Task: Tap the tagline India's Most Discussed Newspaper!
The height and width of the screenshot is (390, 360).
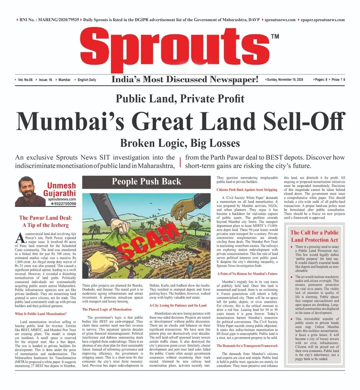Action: (x=185, y=80)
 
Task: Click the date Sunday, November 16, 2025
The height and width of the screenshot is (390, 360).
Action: (x=285, y=80)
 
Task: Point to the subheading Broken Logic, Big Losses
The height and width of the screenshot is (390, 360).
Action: (x=180, y=143)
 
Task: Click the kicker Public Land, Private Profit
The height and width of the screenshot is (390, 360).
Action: (x=180, y=98)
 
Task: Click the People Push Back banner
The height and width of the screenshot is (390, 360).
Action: (x=147, y=181)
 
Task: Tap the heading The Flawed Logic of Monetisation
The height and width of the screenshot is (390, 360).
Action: (x=107, y=309)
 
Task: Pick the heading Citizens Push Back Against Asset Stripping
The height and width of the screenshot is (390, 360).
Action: (x=247, y=189)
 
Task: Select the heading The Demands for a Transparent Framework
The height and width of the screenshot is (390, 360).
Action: (x=247, y=346)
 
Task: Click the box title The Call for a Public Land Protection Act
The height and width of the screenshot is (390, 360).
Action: (x=314, y=236)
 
